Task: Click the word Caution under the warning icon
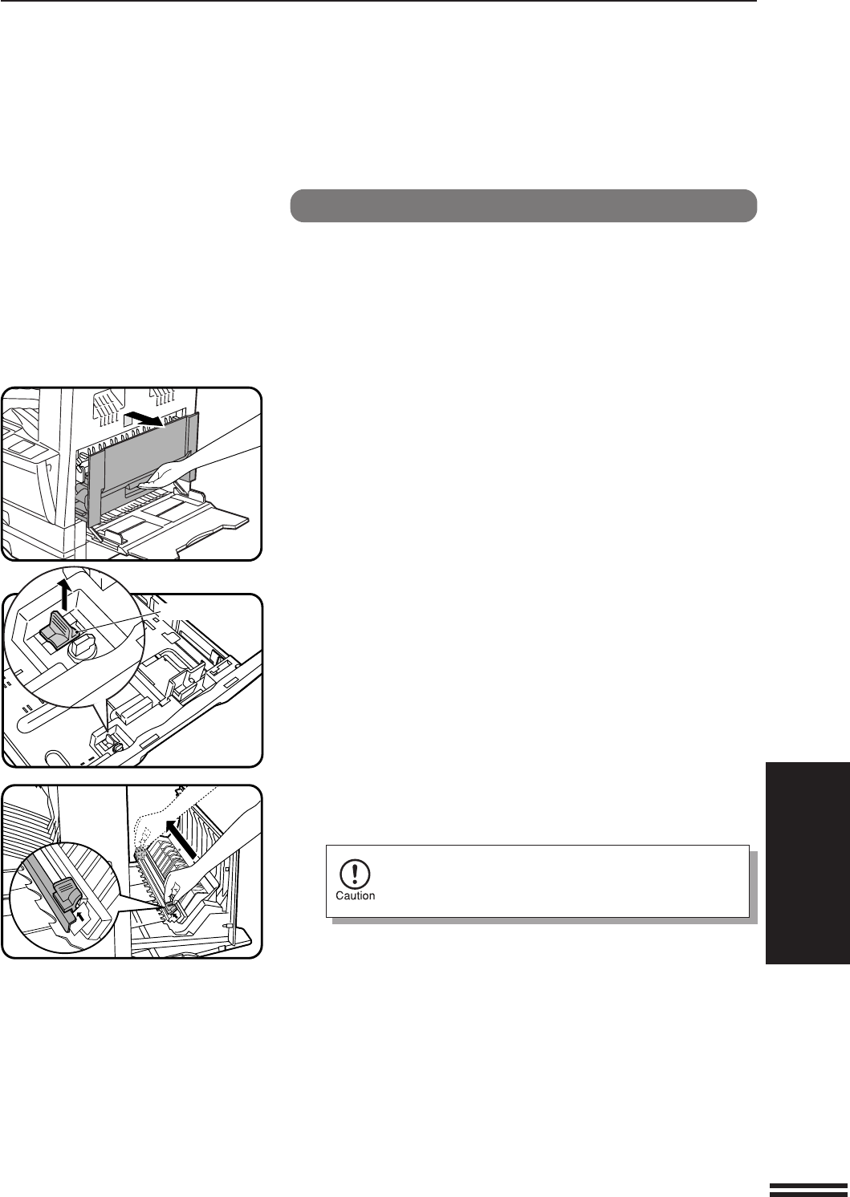coord(355,895)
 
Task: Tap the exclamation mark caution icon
coord(355,873)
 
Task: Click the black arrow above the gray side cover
coord(143,419)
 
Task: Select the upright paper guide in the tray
coord(188,681)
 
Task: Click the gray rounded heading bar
coord(523,205)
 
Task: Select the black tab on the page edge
coord(807,863)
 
